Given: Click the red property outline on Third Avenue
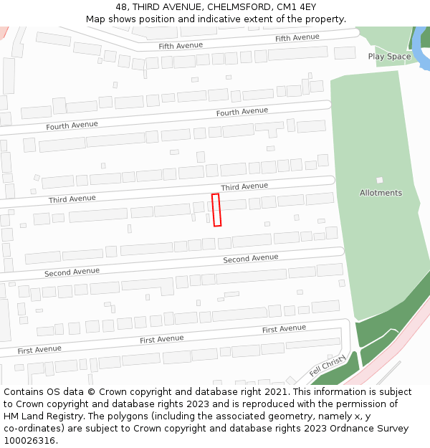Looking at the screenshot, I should (x=216, y=210).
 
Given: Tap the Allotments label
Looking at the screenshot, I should (x=381, y=193).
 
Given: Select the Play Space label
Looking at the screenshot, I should (x=389, y=57).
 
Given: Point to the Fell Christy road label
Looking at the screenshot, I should (x=328, y=366).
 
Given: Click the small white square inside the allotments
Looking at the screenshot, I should (x=379, y=180).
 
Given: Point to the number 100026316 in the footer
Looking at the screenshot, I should (x=28, y=440).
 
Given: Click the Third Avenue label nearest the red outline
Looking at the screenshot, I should (x=244, y=187).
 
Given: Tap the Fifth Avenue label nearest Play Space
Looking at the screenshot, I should (x=297, y=37).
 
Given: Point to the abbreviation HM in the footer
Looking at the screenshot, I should (x=11, y=404).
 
